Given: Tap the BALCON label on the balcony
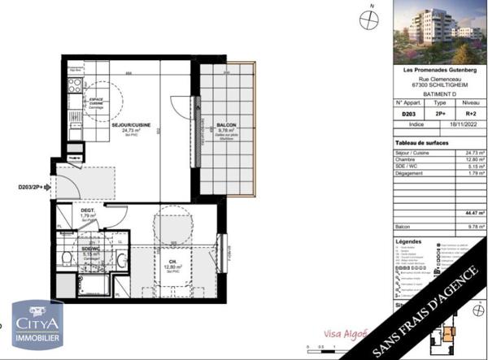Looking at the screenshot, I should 228,125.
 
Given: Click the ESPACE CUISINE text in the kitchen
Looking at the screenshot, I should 97,101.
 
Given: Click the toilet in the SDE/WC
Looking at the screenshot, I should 65,258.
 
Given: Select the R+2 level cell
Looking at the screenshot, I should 469,115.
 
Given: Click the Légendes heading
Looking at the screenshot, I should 408,241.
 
